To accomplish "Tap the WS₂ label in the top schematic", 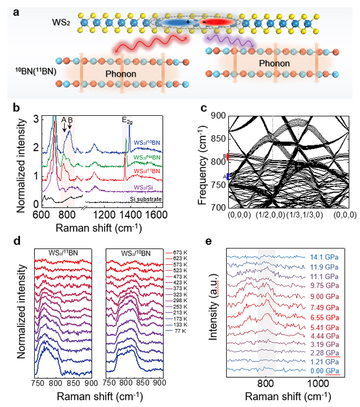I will pyautogui.click(x=61, y=23).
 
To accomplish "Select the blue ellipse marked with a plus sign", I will pyautogui.click(x=172, y=22).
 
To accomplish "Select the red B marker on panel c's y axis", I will pyautogui.click(x=229, y=157).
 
